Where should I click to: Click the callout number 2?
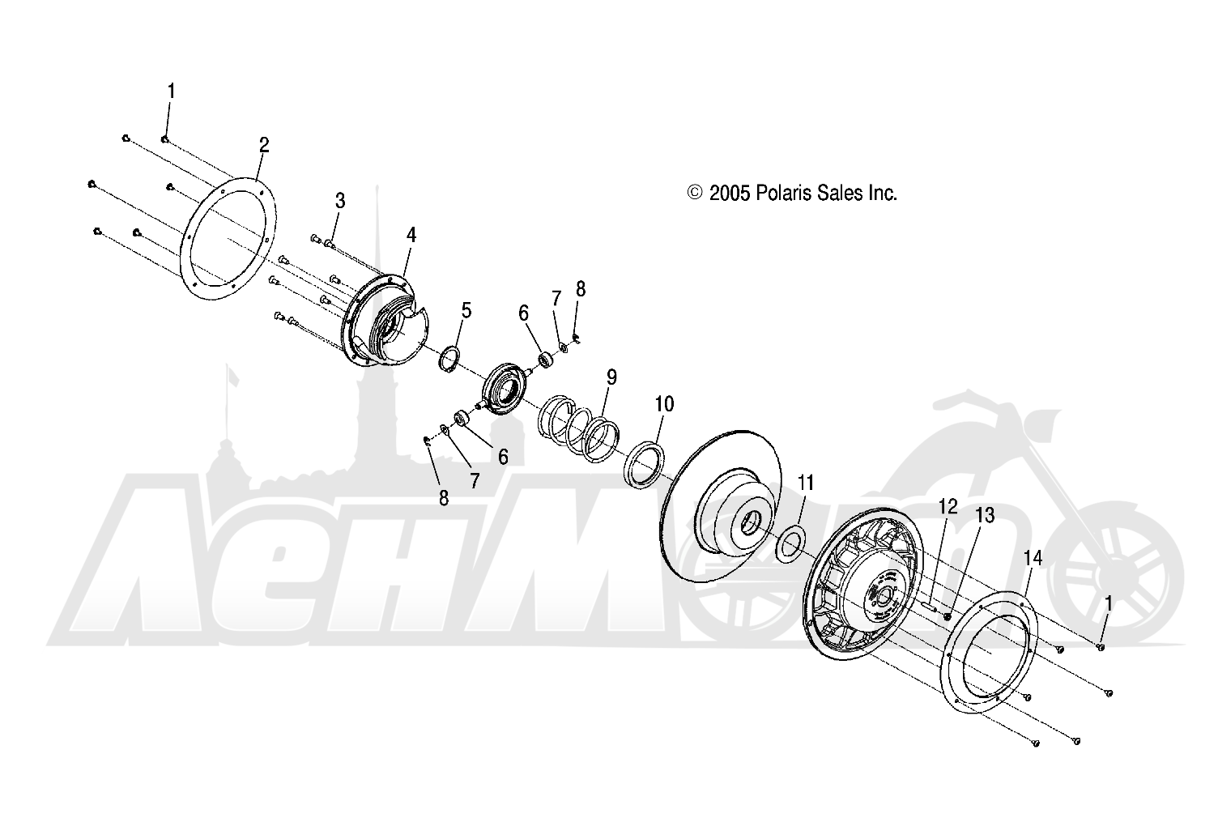tap(264, 145)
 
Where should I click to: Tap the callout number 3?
tap(340, 201)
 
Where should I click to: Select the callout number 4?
tap(411, 235)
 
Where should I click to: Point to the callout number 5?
tap(466, 310)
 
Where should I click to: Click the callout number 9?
tap(611, 377)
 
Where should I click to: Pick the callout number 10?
tap(664, 404)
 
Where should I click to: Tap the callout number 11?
tap(805, 483)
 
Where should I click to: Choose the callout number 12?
tap(948, 507)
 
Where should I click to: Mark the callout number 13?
tap(985, 515)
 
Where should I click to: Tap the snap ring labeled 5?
tap(449, 360)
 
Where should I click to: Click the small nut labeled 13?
tap(947, 616)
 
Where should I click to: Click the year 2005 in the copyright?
tap(730, 193)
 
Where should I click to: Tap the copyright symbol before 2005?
tap(694, 193)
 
